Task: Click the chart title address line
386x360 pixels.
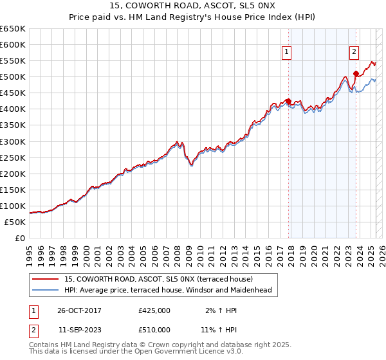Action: coord(192,7)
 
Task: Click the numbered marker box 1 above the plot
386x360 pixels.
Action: coord(286,53)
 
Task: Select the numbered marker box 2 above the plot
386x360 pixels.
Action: coord(354,53)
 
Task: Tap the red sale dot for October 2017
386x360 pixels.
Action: coord(288,101)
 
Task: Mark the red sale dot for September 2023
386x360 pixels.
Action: coord(356,74)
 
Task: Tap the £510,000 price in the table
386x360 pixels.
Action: coord(154,329)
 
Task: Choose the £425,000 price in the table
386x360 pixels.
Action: coord(154,310)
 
